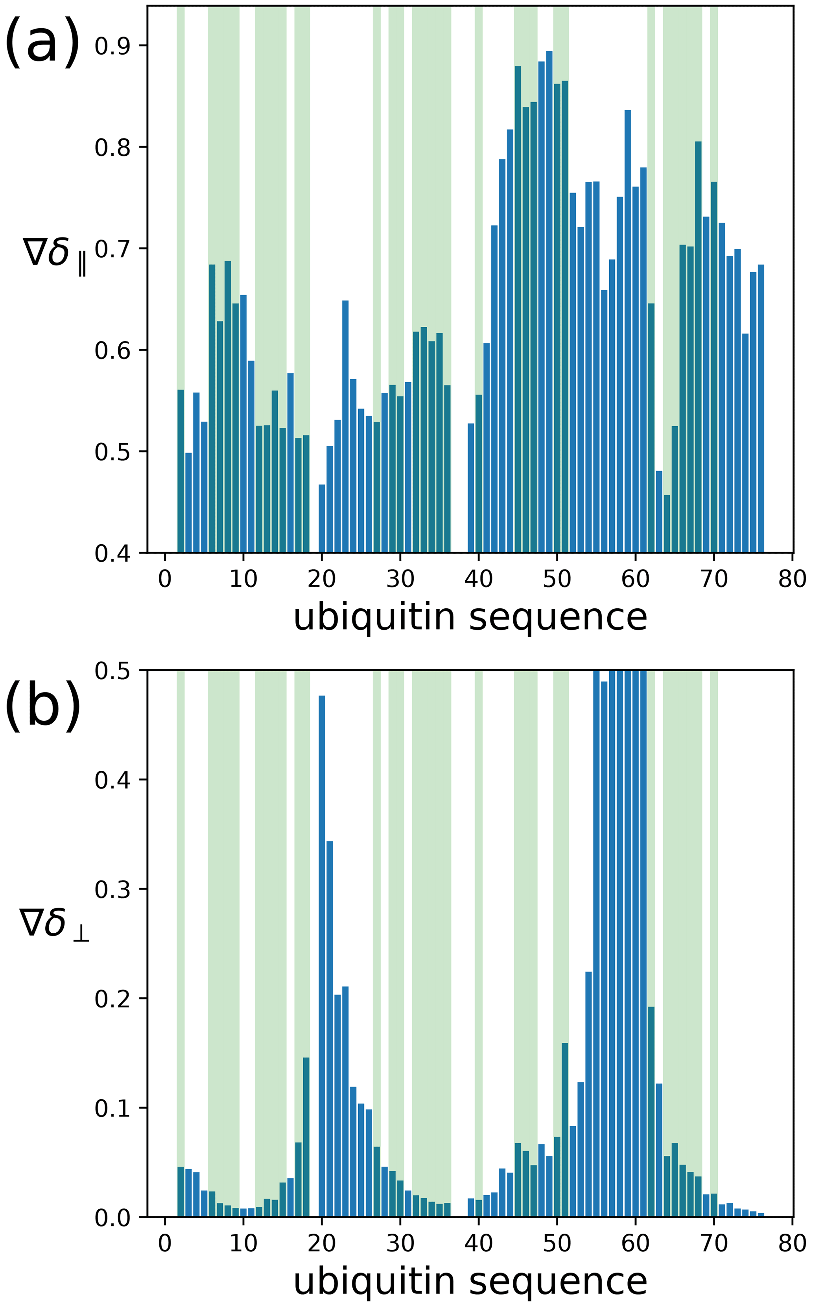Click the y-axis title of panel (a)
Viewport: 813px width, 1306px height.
[54, 252]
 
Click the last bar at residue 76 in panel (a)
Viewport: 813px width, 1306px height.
[761, 409]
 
